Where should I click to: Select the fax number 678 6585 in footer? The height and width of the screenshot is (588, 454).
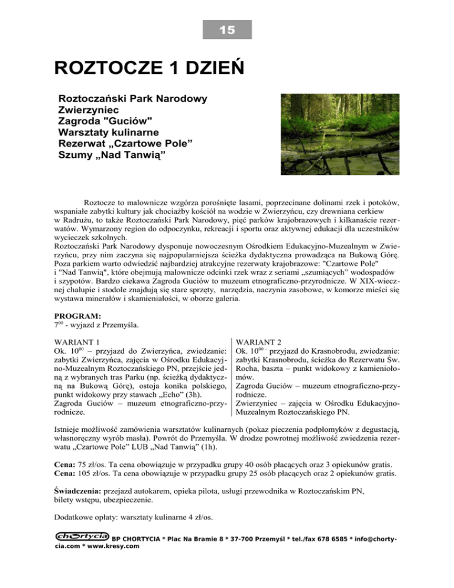point(335,538)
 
